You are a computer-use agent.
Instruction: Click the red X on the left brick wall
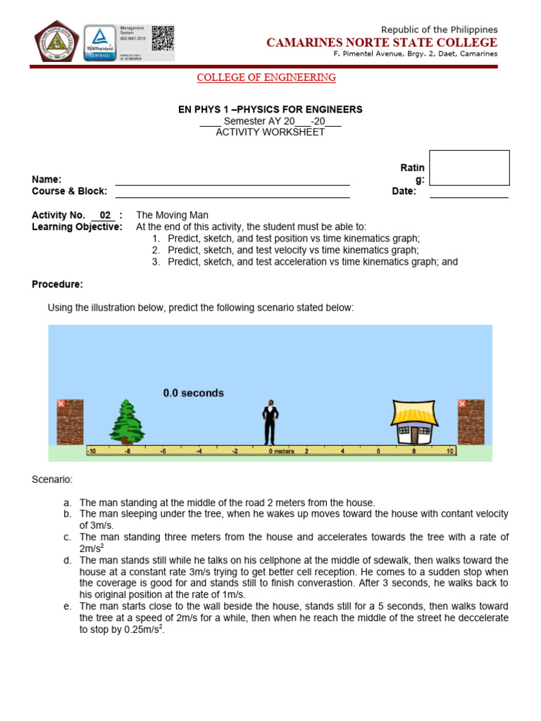click(61, 403)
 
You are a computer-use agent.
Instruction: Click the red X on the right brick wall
click(462, 403)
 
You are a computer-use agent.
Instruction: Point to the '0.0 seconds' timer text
click(193, 393)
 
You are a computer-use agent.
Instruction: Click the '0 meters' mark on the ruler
click(281, 451)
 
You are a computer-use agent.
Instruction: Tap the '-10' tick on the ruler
click(91, 451)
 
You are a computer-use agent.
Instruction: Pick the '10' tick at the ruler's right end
click(450, 451)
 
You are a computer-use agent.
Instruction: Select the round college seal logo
click(57, 42)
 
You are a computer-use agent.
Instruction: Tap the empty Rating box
click(469, 168)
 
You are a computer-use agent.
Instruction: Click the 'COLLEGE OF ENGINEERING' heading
click(266, 77)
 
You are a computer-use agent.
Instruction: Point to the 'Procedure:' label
click(58, 284)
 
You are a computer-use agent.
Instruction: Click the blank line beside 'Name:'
click(232, 180)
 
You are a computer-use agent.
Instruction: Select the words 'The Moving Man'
click(172, 215)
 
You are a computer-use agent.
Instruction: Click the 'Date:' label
click(404, 192)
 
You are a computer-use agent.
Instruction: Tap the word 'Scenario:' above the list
click(52, 479)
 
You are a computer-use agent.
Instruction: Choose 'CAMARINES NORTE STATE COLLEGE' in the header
click(382, 43)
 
